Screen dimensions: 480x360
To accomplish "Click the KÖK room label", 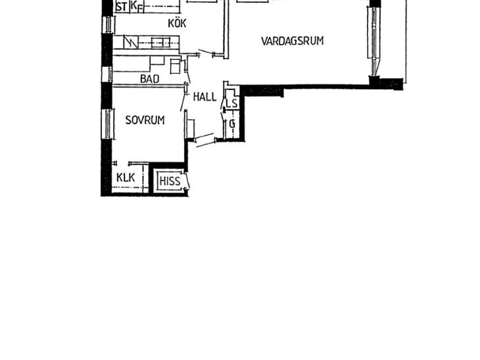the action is pos(177,23).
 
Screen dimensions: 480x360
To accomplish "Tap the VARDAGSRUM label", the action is pos(293,41).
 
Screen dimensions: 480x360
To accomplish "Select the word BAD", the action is pos(150,79).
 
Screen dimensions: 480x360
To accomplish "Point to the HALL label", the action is pos(204,97).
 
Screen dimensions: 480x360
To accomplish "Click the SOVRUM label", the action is pos(145,120).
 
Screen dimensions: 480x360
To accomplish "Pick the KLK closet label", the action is pos(126,177).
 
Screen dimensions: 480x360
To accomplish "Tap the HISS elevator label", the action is pos(170,181).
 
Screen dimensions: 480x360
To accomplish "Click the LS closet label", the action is pos(232,103).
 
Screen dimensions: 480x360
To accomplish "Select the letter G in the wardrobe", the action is pos(232,124).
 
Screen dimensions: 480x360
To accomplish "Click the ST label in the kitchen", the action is pos(122,7).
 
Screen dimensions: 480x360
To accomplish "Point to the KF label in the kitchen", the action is pos(137,6).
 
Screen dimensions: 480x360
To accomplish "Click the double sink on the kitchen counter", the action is pos(160,42).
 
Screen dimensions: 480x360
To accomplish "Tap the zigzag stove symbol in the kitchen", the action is pos(131,42).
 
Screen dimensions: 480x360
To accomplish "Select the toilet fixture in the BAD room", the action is pos(176,66).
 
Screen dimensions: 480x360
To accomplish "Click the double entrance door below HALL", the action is pos(204,140).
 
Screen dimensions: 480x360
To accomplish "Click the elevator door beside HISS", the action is pos(187,181).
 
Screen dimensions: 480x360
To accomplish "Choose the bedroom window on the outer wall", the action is pos(108,124).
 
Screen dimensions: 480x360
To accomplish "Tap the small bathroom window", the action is pos(107,74).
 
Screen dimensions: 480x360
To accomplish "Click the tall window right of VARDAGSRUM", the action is pos(373,41).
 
